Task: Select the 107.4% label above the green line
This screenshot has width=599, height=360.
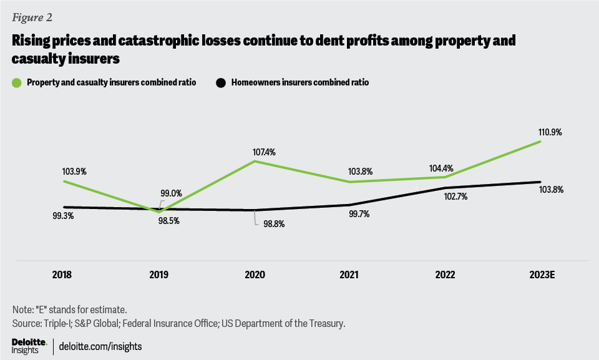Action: pyautogui.click(x=255, y=152)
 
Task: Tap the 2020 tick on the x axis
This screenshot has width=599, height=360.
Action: pyautogui.click(x=255, y=275)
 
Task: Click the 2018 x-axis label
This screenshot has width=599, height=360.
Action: pyautogui.click(x=64, y=275)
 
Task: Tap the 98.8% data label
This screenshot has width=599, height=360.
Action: pyautogui.click(x=273, y=224)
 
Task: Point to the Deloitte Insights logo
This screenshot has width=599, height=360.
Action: pyautogui.click(x=29, y=345)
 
